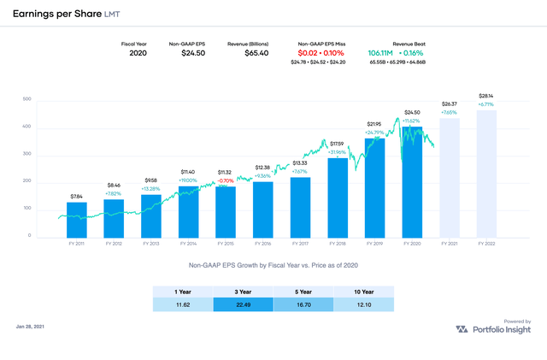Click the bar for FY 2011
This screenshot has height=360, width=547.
[77, 219]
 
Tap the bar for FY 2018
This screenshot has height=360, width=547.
[337, 198]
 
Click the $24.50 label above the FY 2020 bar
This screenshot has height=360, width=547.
[413, 112]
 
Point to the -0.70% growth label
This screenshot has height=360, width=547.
[226, 181]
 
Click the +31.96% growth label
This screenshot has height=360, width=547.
[338, 152]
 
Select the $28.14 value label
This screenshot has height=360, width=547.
[486, 96]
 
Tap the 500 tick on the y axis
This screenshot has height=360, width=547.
[27, 99]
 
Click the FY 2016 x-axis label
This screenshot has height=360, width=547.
[262, 245]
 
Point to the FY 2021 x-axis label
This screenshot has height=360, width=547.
[449, 245]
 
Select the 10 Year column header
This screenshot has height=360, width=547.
[363, 290]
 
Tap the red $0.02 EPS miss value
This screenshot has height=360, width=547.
[307, 52]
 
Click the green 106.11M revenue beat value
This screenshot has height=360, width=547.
[382, 52]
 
